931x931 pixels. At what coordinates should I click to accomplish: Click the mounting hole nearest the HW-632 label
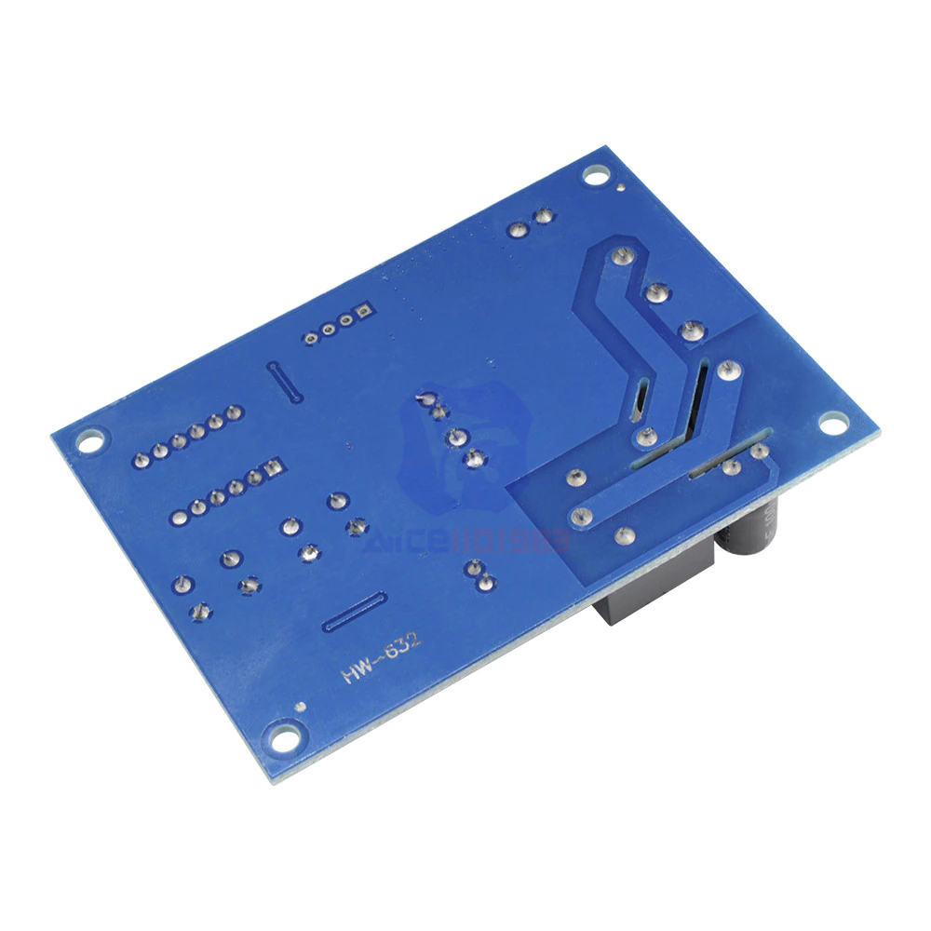click(282, 735)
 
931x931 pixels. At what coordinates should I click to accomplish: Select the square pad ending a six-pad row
click(272, 466)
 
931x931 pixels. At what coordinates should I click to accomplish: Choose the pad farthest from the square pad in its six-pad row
click(178, 514)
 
